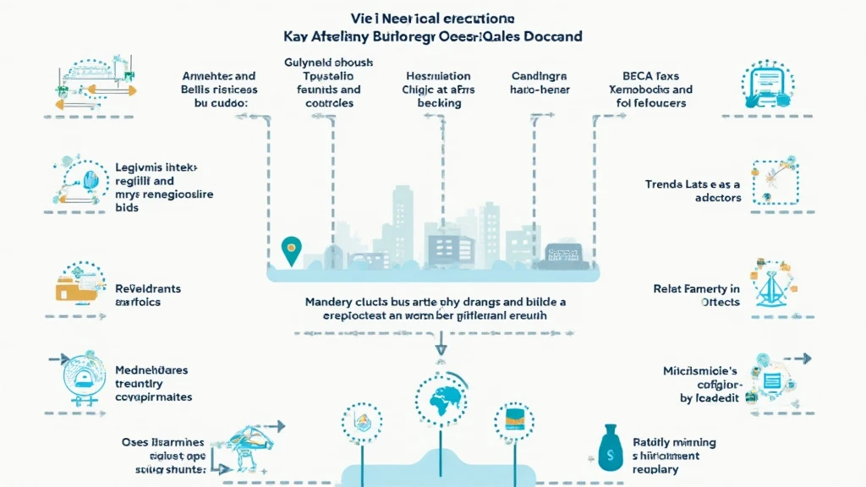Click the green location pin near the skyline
click(x=290, y=249)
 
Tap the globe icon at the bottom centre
click(x=440, y=401)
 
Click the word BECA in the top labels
click(x=640, y=74)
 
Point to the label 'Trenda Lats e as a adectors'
click(x=694, y=190)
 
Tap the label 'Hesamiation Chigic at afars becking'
click(x=439, y=89)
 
